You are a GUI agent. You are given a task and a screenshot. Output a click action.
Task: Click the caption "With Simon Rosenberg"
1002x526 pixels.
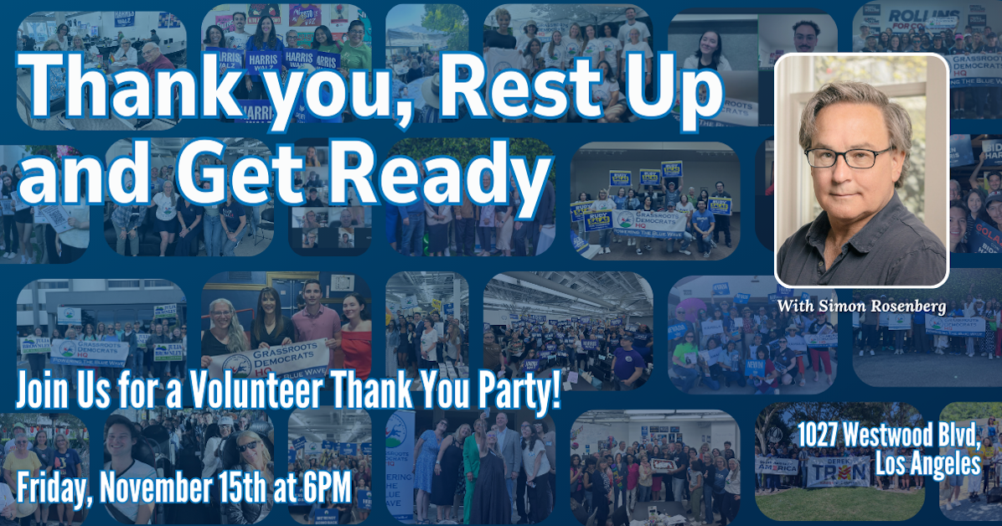click(862, 307)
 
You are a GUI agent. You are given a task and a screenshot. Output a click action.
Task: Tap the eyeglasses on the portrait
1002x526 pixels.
click(854, 157)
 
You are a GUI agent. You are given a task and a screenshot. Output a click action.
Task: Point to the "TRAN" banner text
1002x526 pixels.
click(839, 473)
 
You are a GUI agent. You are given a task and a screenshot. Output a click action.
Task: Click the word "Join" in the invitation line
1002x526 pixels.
click(43, 390)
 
